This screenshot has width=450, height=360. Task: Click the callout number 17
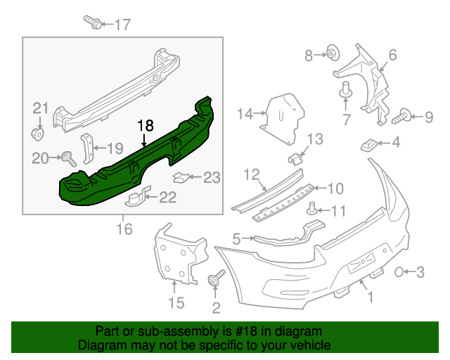coord(122,25)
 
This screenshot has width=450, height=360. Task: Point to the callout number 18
coord(145,126)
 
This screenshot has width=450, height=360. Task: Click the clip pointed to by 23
coord(181,176)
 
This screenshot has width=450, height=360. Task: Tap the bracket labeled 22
coord(138,197)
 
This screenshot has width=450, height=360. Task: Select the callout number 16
coord(124,229)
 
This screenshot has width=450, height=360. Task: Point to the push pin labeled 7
coord(345,92)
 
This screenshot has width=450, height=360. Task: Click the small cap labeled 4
coord(368,145)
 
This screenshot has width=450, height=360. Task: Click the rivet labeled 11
coord(314,208)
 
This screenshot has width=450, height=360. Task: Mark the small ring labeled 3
coord(399,271)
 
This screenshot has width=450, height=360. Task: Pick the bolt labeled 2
coord(216,279)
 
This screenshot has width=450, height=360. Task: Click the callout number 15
coord(176,302)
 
